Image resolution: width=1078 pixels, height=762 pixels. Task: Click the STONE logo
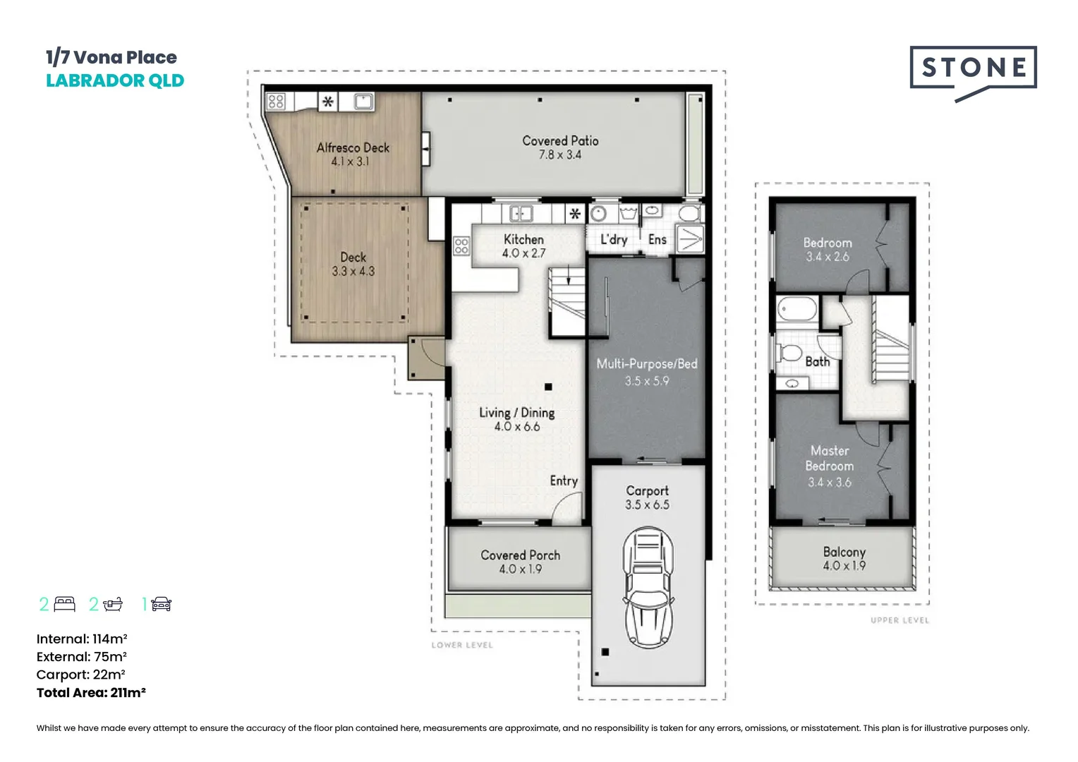coord(973,73)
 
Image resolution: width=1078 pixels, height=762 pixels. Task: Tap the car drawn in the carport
coord(648,587)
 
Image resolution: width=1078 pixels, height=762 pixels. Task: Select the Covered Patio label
coord(561,141)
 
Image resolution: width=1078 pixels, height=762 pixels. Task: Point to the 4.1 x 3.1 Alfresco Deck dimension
coord(351,162)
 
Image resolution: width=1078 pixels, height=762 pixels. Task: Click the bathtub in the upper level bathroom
coord(797,309)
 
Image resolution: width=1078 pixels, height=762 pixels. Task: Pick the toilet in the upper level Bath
coord(788,353)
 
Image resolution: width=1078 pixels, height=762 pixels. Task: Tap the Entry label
coord(564,481)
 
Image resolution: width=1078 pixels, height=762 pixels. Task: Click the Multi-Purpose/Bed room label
coord(647,364)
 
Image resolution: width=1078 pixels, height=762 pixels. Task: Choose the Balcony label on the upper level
coord(844,552)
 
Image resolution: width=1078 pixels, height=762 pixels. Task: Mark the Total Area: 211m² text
coord(91,693)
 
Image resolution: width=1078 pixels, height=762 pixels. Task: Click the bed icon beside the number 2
coord(64,604)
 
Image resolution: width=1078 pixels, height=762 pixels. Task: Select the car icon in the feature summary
coord(162,604)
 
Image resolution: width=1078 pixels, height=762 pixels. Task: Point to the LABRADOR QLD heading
coord(115,81)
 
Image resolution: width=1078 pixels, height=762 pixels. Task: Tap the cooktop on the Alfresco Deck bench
coord(276,101)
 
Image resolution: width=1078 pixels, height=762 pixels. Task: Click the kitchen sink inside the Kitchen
coord(521,213)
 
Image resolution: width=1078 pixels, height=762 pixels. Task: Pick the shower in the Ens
coord(690,238)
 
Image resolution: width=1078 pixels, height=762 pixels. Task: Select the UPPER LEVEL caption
coord(900,620)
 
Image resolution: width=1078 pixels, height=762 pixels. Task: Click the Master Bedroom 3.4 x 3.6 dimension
coord(830,483)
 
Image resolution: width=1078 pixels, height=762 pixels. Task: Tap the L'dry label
coord(614,240)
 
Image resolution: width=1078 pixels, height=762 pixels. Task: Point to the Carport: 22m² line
coord(81,675)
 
